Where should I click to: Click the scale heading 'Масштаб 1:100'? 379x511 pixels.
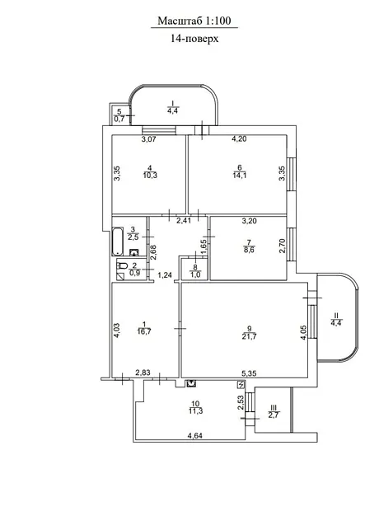[194, 21]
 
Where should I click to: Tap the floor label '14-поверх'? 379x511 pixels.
[194, 39]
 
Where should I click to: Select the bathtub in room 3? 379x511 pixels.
[118, 241]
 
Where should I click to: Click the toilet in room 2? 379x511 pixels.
[122, 265]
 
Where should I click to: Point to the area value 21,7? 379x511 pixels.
[250, 336]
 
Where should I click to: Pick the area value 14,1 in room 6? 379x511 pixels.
[240, 175]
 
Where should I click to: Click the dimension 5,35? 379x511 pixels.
[250, 373]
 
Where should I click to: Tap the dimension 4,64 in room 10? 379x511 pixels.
[195, 435]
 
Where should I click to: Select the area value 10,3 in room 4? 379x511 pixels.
[150, 175]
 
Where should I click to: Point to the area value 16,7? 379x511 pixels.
[144, 331]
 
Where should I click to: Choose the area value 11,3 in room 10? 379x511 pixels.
[195, 411]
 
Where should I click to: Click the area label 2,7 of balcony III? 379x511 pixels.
[274, 415]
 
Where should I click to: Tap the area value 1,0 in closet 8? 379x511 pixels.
[195, 274]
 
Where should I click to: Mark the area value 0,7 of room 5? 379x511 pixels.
[119, 119]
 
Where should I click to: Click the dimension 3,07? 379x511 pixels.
[149, 139]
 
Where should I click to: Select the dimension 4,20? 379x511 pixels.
[239, 138]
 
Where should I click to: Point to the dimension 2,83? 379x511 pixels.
[143, 373]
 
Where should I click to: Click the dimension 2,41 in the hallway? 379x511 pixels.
[184, 221]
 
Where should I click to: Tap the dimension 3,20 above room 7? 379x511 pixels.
[250, 221]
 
